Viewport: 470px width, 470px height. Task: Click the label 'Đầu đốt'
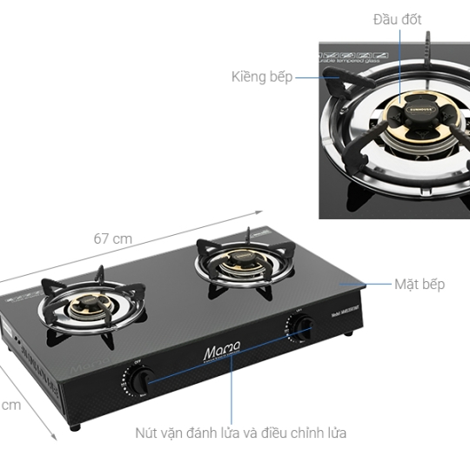coord(397,19)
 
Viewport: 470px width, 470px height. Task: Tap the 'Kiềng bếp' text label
coord(262,77)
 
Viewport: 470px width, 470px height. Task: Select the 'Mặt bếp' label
coord(419,285)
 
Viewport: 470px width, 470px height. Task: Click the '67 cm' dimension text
coord(112,238)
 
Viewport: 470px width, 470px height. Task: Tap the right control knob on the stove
coord(302,327)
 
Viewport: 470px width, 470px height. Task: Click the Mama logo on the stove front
coord(217,352)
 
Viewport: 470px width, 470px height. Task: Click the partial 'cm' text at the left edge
coord(10,405)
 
